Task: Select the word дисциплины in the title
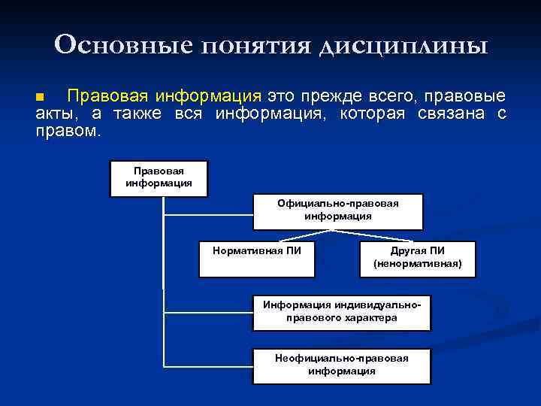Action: pos(403,47)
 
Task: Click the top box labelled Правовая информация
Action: pos(159,178)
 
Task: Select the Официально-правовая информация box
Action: pos(337,211)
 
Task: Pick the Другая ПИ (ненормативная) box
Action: pos(417,259)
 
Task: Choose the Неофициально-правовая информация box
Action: pos(342,366)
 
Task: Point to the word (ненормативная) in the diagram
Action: pos(418,265)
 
